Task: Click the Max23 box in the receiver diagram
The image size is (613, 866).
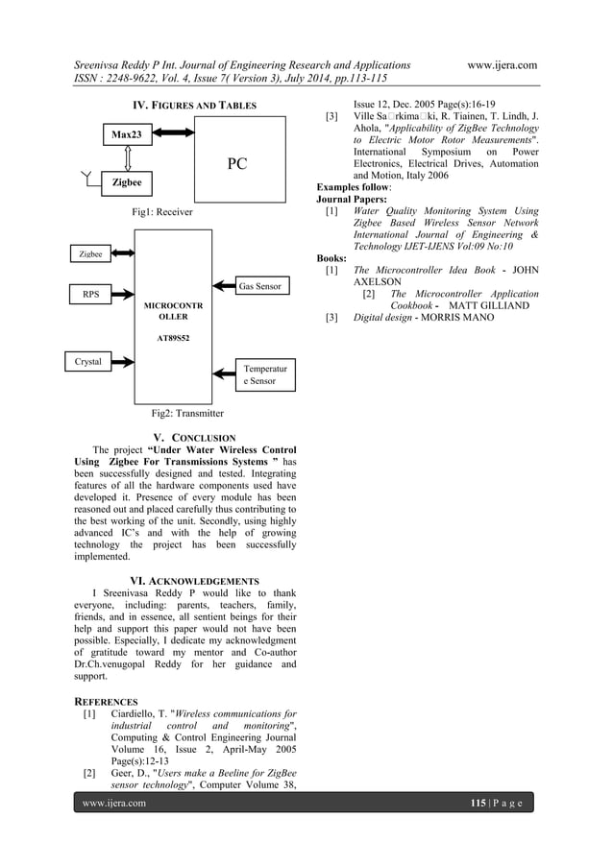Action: [x=126, y=135]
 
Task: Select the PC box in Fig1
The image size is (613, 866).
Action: [x=236, y=164]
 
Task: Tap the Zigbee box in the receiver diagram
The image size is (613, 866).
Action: [x=126, y=180]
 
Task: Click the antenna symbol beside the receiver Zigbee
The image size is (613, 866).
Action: [x=89, y=179]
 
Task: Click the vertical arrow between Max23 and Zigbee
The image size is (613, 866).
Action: [x=127, y=157]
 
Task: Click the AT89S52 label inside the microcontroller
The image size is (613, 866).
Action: [x=174, y=338]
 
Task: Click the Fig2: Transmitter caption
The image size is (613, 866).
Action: [x=187, y=414]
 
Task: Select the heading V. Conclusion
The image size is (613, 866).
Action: [x=187, y=438]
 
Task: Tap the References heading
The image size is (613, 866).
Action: [x=106, y=702]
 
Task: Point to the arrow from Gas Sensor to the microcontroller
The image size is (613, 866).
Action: [x=218, y=287]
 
